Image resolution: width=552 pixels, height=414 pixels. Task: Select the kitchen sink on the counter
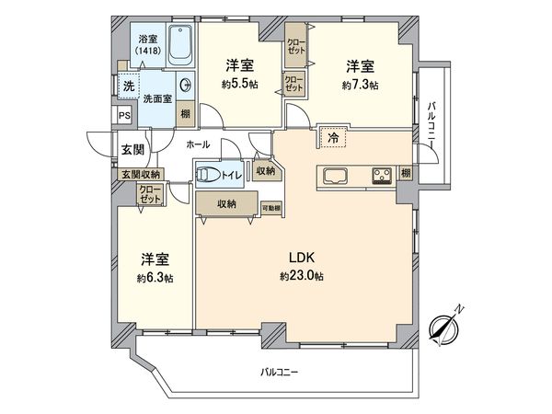tap(331, 175)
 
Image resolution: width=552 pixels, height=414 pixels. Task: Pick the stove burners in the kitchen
tap(383, 175)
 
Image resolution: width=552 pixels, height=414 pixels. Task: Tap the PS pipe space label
tap(124, 115)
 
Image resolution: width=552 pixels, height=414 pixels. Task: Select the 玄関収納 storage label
tap(137, 173)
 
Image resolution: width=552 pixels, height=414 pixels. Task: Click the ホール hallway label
tap(197, 145)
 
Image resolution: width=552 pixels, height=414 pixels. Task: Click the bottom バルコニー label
tap(282, 373)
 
